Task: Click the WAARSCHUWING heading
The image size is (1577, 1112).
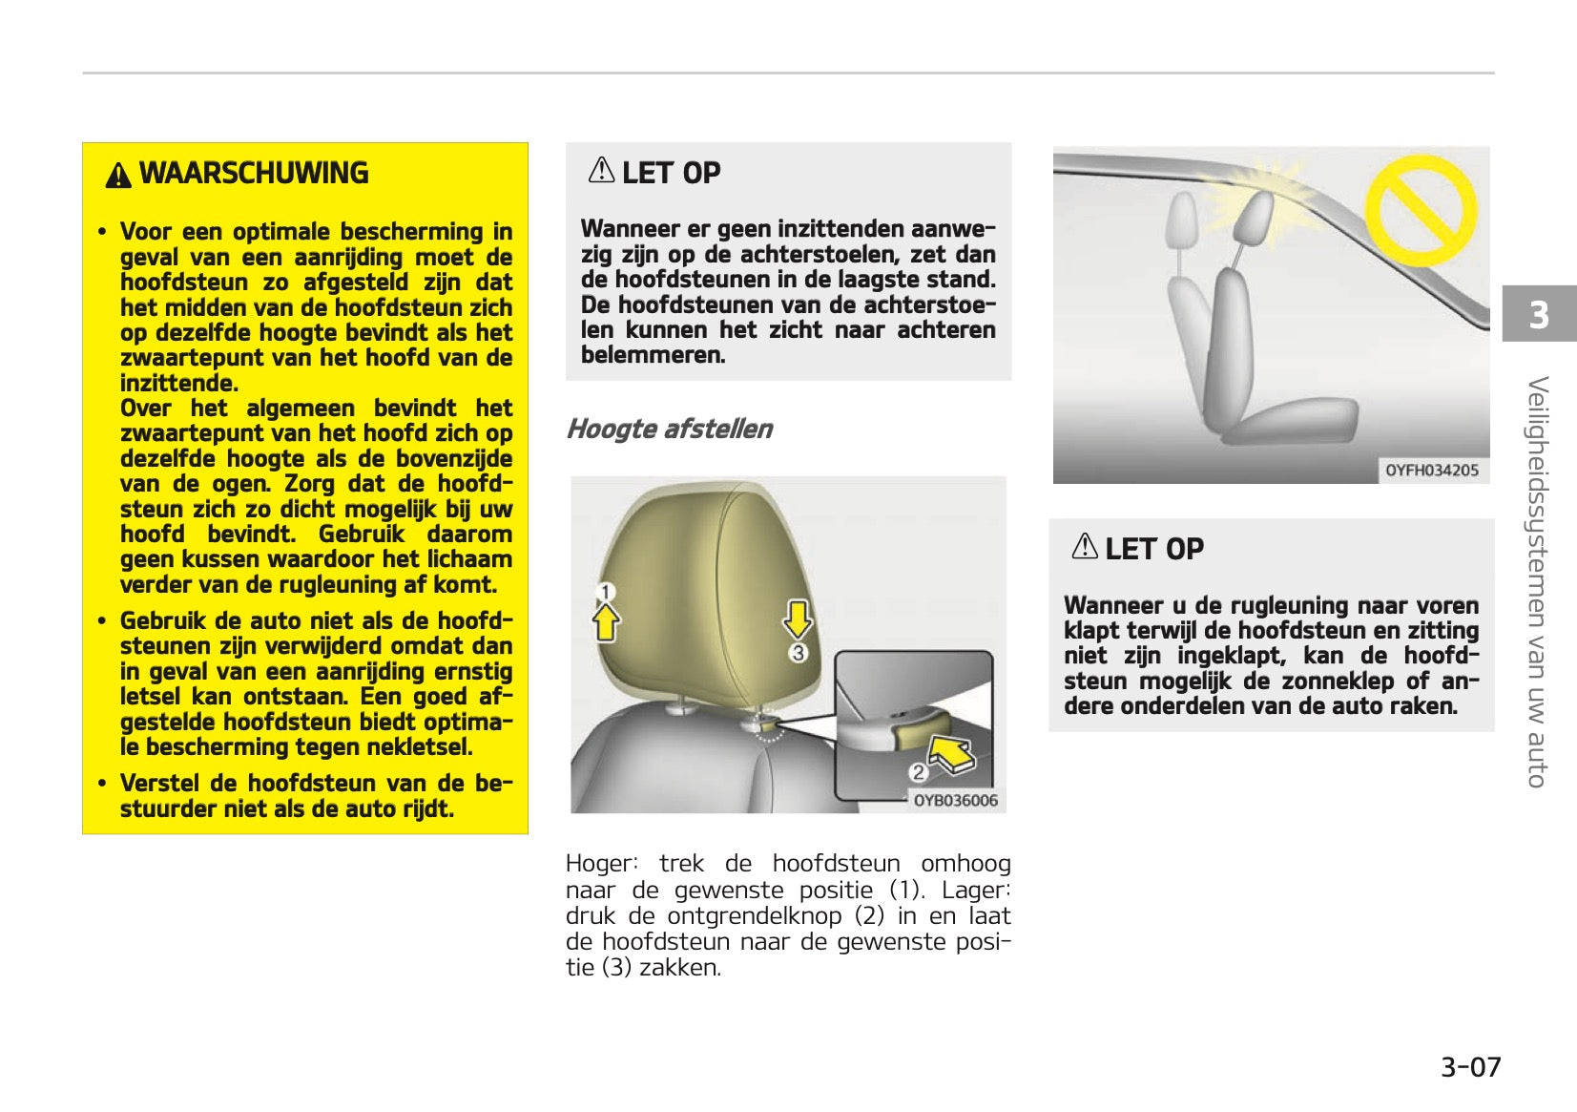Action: pos(253,174)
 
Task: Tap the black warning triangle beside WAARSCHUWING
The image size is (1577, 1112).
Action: pos(118,176)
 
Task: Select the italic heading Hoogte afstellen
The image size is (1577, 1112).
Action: pos(669,430)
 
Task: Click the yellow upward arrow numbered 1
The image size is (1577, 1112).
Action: pos(606,624)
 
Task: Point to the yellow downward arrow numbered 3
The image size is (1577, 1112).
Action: pos(798,618)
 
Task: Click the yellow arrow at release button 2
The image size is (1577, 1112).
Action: pos(951,753)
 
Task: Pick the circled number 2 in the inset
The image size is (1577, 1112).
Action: pos(918,772)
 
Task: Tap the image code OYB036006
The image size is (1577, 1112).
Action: pos(955,801)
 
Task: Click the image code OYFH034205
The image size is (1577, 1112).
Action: pos(1431,471)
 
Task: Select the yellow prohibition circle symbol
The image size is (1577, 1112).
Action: pos(1421,211)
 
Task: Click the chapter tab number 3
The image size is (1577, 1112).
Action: pos(1539,315)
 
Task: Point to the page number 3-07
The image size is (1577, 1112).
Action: pos(1470,1066)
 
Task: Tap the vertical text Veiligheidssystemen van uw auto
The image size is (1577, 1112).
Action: pos(1537,581)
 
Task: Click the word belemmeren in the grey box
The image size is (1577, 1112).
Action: pos(653,355)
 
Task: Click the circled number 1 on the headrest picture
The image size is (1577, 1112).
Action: pos(605,593)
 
